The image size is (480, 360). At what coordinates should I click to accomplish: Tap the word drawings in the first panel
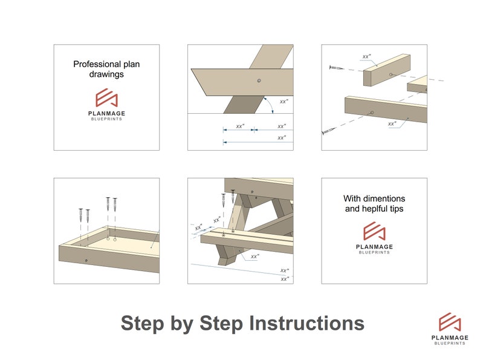106,74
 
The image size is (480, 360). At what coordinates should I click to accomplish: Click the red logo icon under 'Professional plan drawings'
106,98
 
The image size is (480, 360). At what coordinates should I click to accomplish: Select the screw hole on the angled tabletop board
258,80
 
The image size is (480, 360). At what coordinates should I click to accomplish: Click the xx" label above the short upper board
366,57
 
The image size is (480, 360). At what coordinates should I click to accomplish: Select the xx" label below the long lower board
392,124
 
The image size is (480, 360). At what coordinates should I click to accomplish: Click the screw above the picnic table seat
224,199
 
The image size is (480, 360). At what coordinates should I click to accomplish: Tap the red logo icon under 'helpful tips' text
374,232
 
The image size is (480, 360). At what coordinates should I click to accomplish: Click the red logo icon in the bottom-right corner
450,322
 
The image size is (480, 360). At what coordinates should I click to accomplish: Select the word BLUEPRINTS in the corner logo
450,344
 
